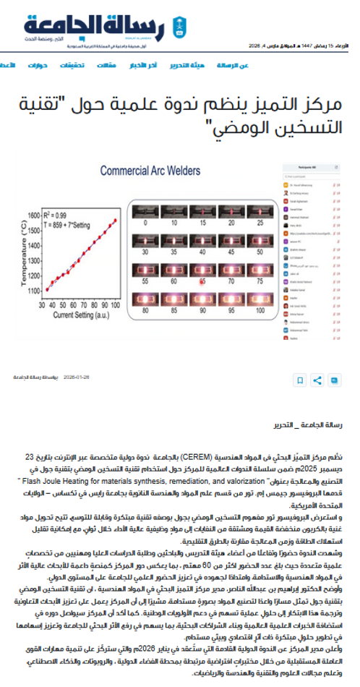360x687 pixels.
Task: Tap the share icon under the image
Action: pyautogui.click(x=315, y=380)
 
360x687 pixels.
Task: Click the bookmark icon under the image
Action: pyautogui.click(x=298, y=380)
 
